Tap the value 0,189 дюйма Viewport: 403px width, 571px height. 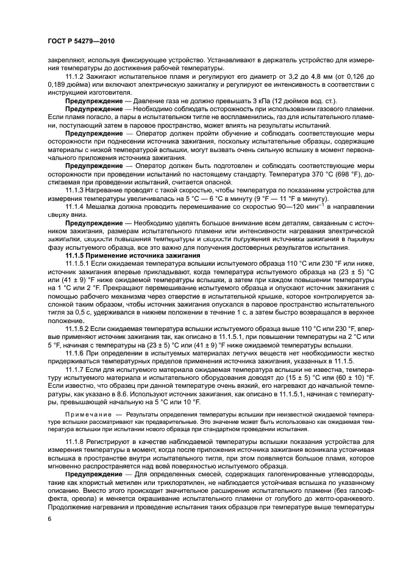click(x=68, y=85)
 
